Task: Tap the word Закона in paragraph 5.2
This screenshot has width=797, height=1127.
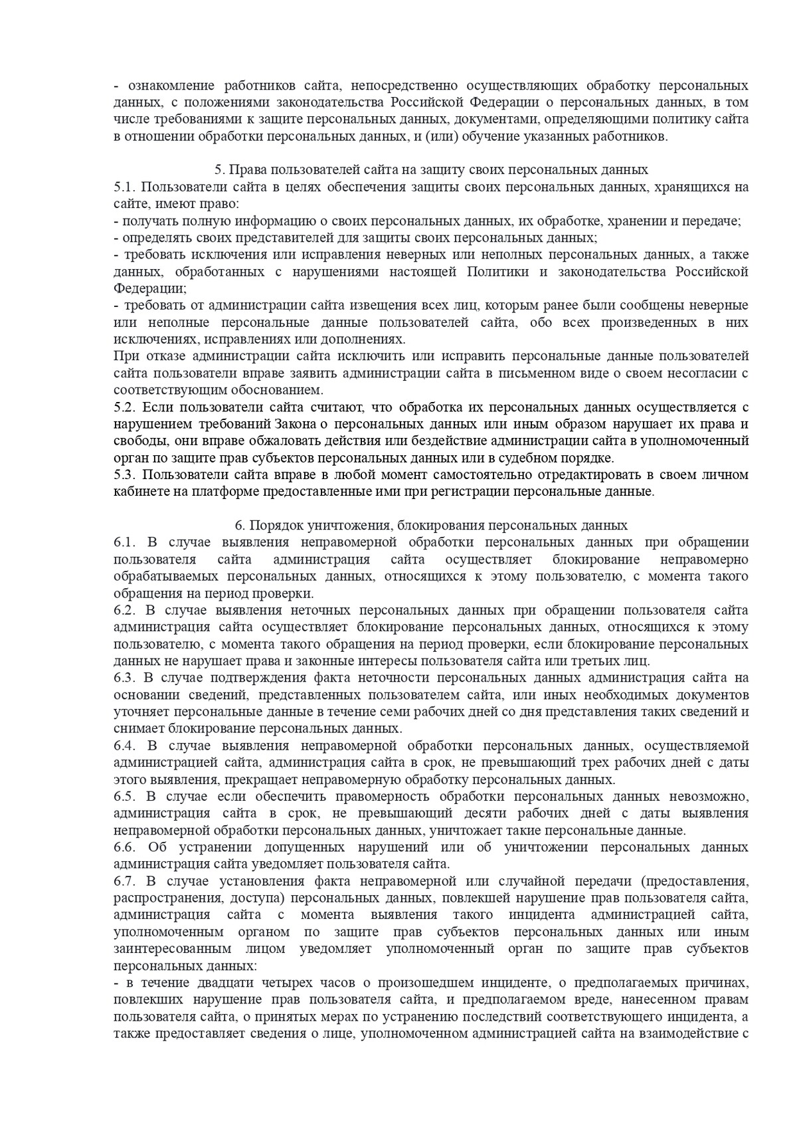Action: coord(300,424)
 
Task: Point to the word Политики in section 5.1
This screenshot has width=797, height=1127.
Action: coord(499,272)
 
